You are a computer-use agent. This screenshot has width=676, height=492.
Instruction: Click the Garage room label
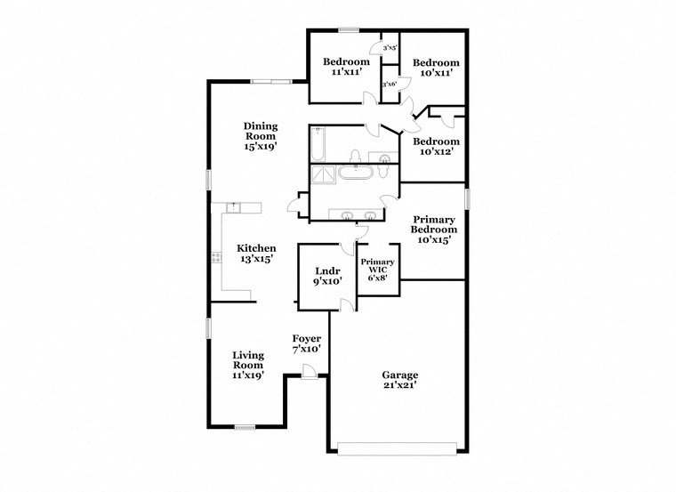[x=401, y=380]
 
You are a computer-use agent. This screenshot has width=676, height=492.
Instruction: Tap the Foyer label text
[x=307, y=343]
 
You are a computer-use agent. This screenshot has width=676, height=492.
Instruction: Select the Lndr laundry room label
[x=323, y=277]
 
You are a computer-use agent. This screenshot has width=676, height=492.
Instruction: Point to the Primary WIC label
[x=377, y=270]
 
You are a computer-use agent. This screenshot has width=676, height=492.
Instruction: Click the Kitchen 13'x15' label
[x=255, y=254]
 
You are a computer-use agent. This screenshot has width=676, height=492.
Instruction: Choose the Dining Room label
[x=261, y=136]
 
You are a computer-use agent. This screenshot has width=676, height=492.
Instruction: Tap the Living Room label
[x=248, y=365]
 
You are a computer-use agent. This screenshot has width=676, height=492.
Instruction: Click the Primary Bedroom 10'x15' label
[x=433, y=229]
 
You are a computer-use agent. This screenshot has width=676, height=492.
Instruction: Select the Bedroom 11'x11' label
[x=346, y=67]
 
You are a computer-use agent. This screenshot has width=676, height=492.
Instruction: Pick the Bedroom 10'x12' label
[x=436, y=147]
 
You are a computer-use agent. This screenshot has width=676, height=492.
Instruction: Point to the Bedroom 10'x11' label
[x=436, y=68]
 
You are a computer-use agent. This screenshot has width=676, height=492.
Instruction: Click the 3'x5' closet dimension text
[x=390, y=48]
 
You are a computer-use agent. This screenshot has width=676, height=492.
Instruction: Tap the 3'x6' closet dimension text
[x=389, y=84]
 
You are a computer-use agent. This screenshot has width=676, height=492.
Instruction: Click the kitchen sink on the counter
[x=234, y=207]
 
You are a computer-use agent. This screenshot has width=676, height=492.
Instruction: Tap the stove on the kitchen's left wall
[x=215, y=258]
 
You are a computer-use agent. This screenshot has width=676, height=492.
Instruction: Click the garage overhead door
[x=398, y=448]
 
